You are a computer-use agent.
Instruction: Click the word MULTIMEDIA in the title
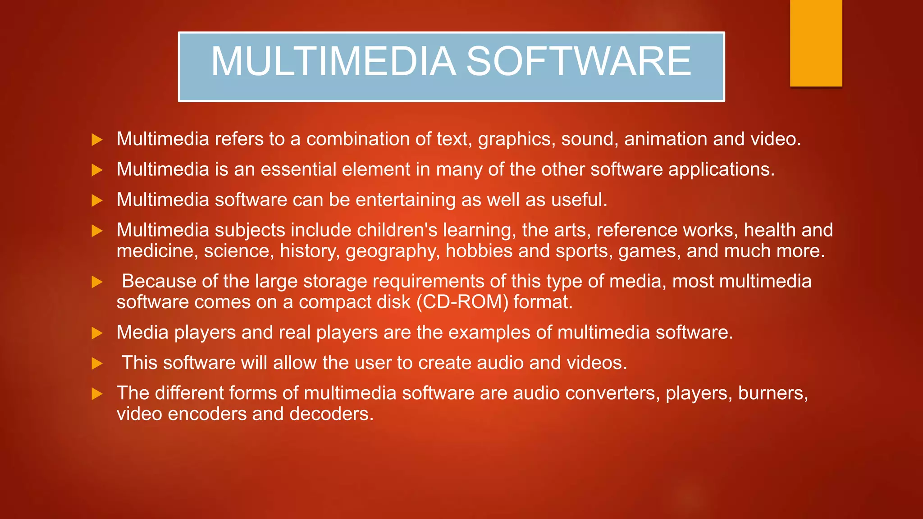click(x=334, y=61)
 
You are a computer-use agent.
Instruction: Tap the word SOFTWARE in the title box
click(x=578, y=61)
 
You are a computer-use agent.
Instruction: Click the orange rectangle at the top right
click(x=816, y=43)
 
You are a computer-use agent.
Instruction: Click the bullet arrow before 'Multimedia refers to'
click(x=97, y=140)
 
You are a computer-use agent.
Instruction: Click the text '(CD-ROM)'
click(x=462, y=302)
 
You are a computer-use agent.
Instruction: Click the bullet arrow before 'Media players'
click(x=97, y=333)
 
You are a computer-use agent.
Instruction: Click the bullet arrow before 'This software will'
click(x=97, y=364)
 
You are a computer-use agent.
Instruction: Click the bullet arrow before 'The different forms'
click(x=97, y=394)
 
